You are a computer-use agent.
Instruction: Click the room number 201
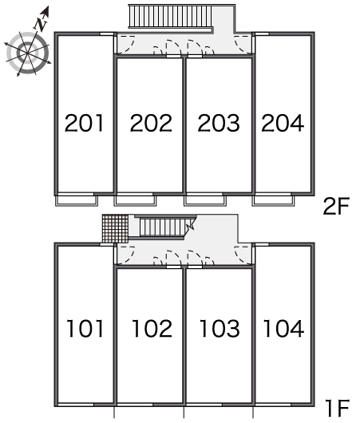click(x=84, y=123)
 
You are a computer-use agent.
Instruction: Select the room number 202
click(x=151, y=123)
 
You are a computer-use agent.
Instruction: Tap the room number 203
click(x=219, y=123)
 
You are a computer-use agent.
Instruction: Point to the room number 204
click(x=283, y=123)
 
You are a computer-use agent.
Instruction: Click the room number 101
click(x=85, y=328)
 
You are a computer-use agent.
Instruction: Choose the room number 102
click(x=152, y=328)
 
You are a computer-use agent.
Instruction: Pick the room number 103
click(x=220, y=328)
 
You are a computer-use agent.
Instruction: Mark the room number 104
click(x=283, y=328)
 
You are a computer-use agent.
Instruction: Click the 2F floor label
click(x=336, y=207)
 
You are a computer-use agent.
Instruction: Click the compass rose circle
click(x=28, y=53)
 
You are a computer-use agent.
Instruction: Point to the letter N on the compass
click(x=42, y=24)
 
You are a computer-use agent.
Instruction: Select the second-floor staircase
click(x=171, y=16)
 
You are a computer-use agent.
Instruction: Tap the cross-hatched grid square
click(x=115, y=229)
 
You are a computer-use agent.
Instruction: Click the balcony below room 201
click(x=77, y=200)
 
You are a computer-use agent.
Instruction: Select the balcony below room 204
click(x=273, y=200)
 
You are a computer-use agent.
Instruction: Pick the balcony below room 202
click(x=135, y=200)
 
